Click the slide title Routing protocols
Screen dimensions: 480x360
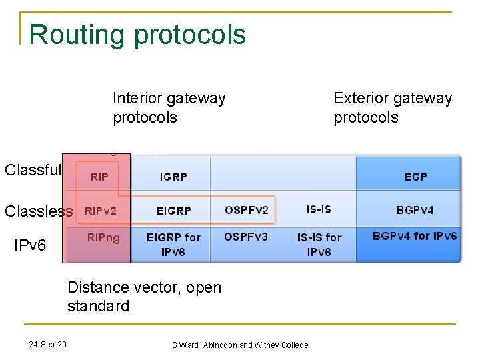(137, 35)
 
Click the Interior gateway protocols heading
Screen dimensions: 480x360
(169, 108)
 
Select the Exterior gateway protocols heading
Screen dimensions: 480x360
(393, 108)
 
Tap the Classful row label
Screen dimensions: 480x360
(33, 170)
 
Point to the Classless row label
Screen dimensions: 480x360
(39, 211)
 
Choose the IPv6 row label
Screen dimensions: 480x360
(30, 245)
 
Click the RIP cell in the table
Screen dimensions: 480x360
(99, 177)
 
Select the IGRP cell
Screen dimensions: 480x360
(173, 177)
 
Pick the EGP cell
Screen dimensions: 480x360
(415, 177)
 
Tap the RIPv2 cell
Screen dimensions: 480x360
(100, 211)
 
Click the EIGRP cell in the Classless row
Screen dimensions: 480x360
(173, 211)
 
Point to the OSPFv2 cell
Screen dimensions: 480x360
(247, 211)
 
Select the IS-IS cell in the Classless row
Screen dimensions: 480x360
(318, 209)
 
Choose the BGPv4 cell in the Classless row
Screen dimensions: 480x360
(415, 210)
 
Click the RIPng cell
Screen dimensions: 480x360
(103, 238)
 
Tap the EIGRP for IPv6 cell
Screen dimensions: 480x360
(173, 245)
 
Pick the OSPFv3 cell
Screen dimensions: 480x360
(246, 237)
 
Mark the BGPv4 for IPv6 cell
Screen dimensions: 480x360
(415, 236)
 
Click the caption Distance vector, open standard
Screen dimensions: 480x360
(144, 297)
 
